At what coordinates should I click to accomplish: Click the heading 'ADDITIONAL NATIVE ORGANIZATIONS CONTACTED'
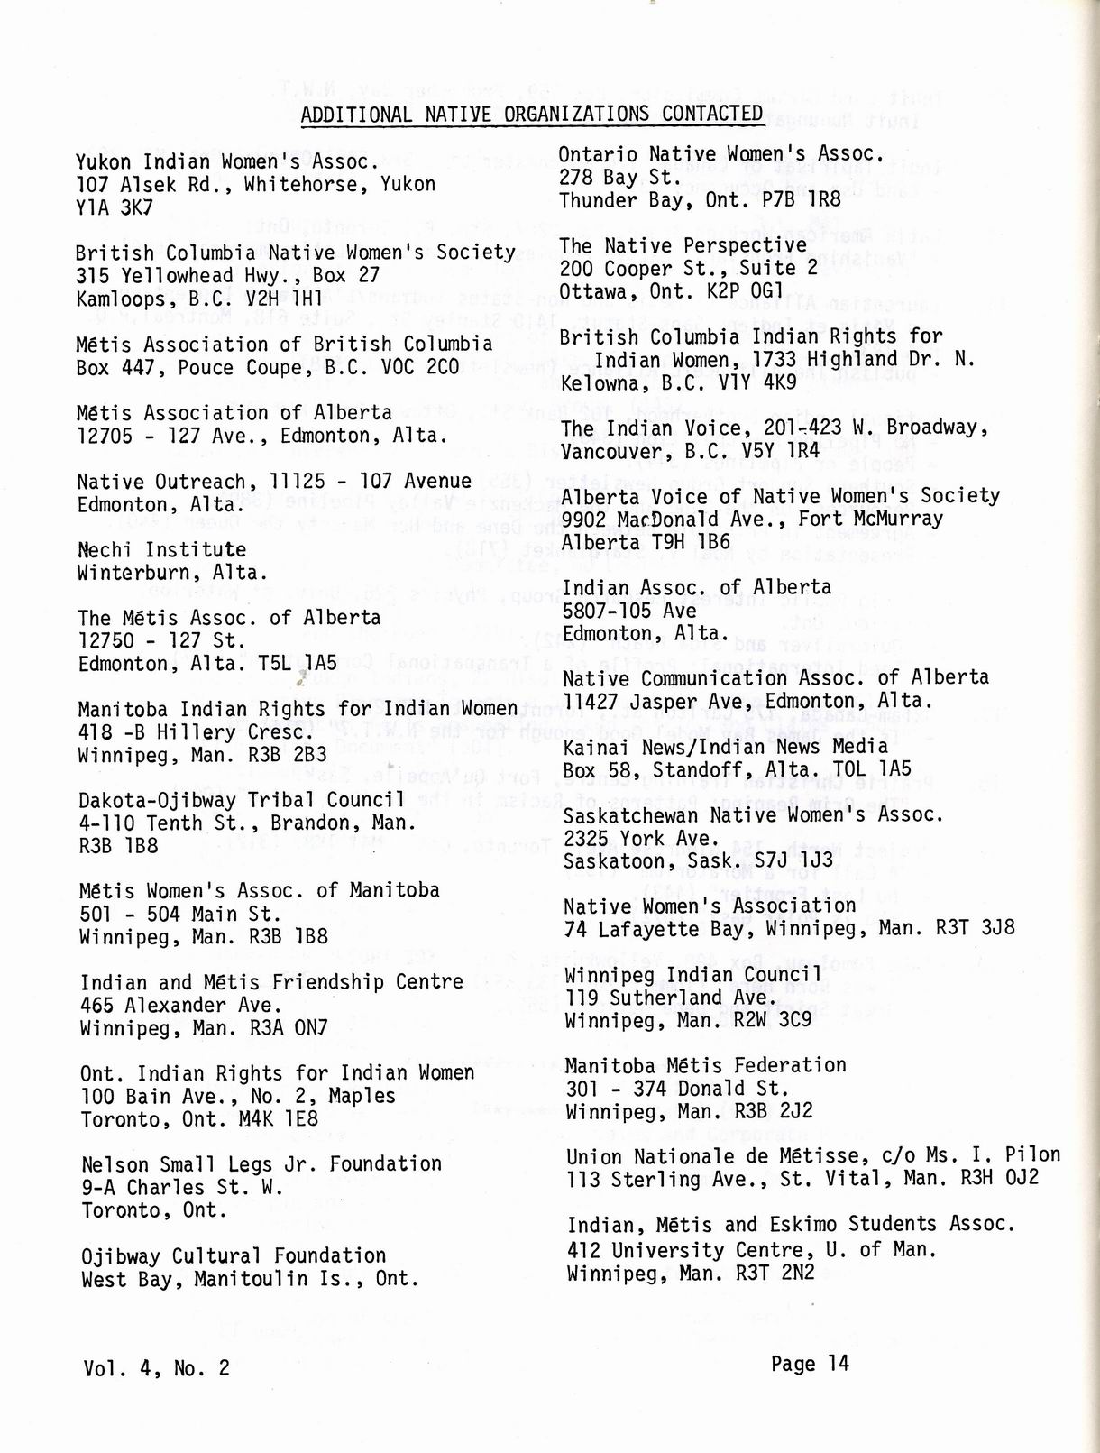point(532,114)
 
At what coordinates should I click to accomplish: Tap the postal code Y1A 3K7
point(115,207)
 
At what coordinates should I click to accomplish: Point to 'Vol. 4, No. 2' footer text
point(156,1368)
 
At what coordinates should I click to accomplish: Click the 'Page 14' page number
point(810,1364)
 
